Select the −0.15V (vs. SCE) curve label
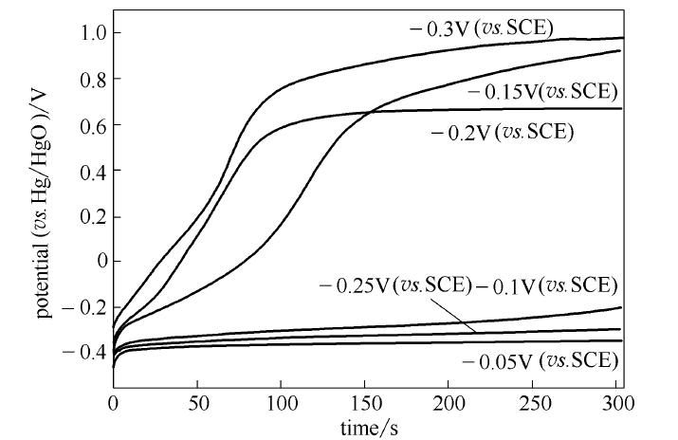[542, 92]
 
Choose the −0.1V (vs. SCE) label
[547, 284]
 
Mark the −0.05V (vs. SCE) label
[541, 360]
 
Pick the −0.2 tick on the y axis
[82, 307]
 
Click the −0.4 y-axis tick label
[82, 353]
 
